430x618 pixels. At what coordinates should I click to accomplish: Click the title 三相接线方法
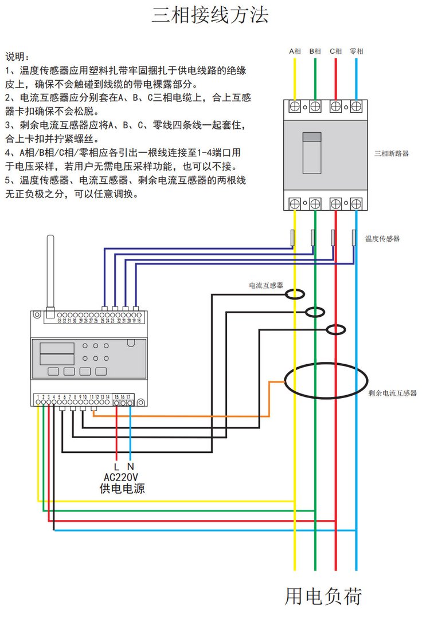point(210,15)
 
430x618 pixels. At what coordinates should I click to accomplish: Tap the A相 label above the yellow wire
point(295,52)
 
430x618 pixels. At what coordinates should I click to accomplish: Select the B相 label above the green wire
point(315,52)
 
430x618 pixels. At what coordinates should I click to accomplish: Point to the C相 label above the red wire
point(336,52)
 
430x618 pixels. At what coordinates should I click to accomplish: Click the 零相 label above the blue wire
point(357,52)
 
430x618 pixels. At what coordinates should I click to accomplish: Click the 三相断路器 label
point(392,153)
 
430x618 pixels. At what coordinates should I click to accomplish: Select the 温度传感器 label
point(382,238)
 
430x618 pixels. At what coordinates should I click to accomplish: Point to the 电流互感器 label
point(266,285)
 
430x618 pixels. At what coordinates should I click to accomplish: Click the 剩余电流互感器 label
point(393,393)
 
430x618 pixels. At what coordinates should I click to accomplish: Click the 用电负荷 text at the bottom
point(324,596)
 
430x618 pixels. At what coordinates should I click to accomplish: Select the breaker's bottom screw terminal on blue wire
point(356,203)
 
